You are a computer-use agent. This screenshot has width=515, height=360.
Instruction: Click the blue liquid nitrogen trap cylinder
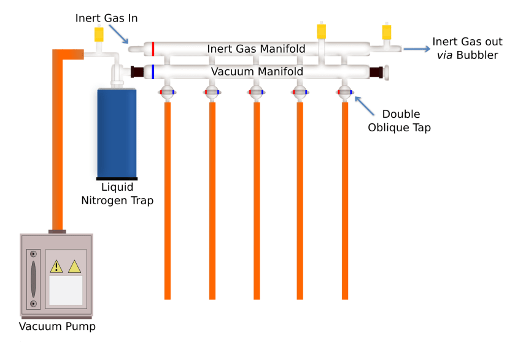click(x=117, y=132)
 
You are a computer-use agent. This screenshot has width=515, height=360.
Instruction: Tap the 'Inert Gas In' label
click(x=106, y=18)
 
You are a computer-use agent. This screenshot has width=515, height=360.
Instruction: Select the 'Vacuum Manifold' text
click(x=257, y=72)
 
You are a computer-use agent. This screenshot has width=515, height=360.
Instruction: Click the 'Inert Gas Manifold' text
click(x=256, y=48)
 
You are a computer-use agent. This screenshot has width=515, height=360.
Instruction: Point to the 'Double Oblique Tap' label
click(x=400, y=121)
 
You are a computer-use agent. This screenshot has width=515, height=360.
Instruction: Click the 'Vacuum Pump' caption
click(x=57, y=326)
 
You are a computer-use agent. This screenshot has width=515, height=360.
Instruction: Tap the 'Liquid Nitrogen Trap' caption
click(x=117, y=194)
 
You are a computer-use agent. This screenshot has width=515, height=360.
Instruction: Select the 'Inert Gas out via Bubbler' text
click(x=467, y=48)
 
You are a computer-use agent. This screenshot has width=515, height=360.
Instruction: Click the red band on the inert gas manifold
click(x=153, y=48)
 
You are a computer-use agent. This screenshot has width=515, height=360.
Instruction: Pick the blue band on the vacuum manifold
click(x=153, y=72)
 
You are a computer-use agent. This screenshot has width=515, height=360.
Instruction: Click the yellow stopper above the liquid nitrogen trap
click(x=98, y=34)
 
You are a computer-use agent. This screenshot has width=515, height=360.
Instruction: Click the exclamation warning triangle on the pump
click(x=56, y=266)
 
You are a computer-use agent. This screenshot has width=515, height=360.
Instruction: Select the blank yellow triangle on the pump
click(x=74, y=266)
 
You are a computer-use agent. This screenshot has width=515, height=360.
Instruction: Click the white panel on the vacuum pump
click(x=66, y=289)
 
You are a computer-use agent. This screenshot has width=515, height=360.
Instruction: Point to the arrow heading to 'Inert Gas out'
click(x=416, y=49)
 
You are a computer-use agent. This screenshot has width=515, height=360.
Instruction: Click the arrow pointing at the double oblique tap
click(x=365, y=105)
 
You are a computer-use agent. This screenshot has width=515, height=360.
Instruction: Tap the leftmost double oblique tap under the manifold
click(x=167, y=93)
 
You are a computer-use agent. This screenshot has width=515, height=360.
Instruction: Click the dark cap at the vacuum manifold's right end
click(x=376, y=72)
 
